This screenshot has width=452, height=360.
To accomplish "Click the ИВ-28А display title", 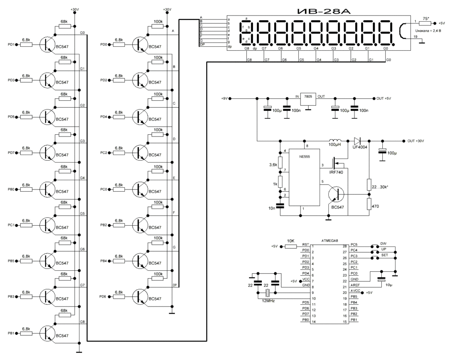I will click(x=309, y=10).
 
